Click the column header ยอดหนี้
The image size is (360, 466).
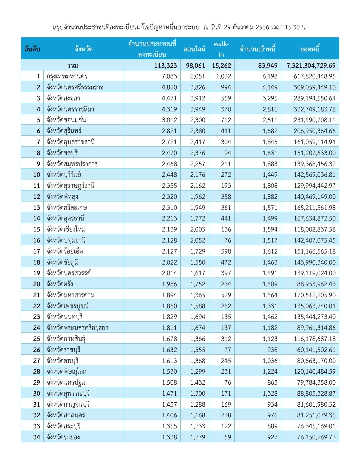[x=310, y=49]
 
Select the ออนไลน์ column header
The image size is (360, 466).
[x=194, y=49]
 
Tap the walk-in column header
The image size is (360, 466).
[x=221, y=49]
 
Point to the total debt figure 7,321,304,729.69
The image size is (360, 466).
[x=311, y=65]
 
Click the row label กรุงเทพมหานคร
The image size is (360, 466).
[x=67, y=76]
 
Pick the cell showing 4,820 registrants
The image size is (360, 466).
[x=169, y=87]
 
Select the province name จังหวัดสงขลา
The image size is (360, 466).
[x=63, y=98]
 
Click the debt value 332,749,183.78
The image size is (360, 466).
[x=314, y=109]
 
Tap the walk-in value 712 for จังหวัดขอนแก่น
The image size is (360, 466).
[x=226, y=120]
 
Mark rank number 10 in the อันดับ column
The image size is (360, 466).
[x=37, y=175]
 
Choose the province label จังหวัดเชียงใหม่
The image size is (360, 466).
[x=66, y=229]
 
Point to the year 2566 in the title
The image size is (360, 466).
[x=262, y=27]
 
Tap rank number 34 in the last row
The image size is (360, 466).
[x=37, y=437]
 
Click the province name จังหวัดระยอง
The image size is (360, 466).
[x=63, y=437]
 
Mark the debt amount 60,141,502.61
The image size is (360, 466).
[x=316, y=350]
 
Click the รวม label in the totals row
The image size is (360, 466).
[x=72, y=65]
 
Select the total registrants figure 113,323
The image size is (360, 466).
[x=165, y=65]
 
